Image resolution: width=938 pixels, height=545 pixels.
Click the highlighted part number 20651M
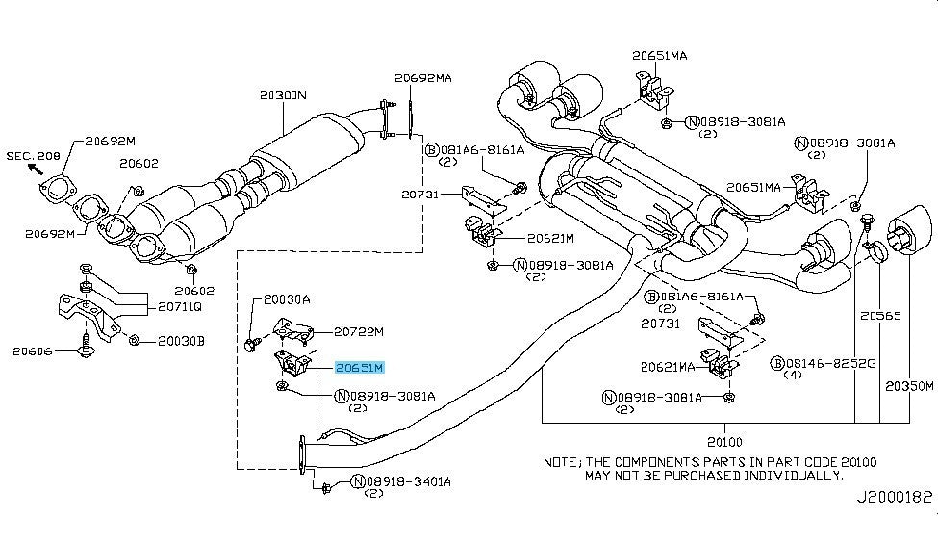click(360, 368)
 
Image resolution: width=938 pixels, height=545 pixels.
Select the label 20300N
click(282, 96)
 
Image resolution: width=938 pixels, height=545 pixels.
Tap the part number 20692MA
click(421, 78)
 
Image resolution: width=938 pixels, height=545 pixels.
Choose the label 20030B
click(182, 340)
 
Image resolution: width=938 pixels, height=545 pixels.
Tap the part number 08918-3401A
click(410, 481)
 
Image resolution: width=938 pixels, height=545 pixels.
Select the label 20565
click(880, 314)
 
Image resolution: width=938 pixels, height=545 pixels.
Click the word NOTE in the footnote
click(561, 462)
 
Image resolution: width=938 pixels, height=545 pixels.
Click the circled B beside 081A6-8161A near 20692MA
click(433, 150)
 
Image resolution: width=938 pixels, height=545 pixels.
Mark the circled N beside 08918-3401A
click(358, 481)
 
